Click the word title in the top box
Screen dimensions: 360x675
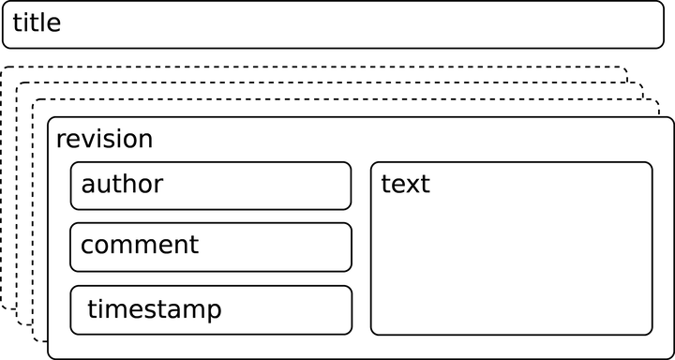(37, 22)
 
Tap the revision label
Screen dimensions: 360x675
(104, 140)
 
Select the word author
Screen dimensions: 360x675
(122, 184)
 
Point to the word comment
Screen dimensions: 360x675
(140, 246)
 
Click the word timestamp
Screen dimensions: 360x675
(155, 309)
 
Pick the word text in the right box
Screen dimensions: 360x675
(405, 184)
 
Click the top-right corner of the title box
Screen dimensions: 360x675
(663, 3)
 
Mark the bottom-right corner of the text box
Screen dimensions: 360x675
(652, 334)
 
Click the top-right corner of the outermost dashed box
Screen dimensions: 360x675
(627, 67)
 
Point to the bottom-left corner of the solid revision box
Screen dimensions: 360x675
(48, 358)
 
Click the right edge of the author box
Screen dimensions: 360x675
(352, 186)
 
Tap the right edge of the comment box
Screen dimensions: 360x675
(352, 247)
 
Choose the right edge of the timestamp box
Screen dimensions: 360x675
(352, 309)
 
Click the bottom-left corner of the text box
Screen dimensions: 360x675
(371, 334)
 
